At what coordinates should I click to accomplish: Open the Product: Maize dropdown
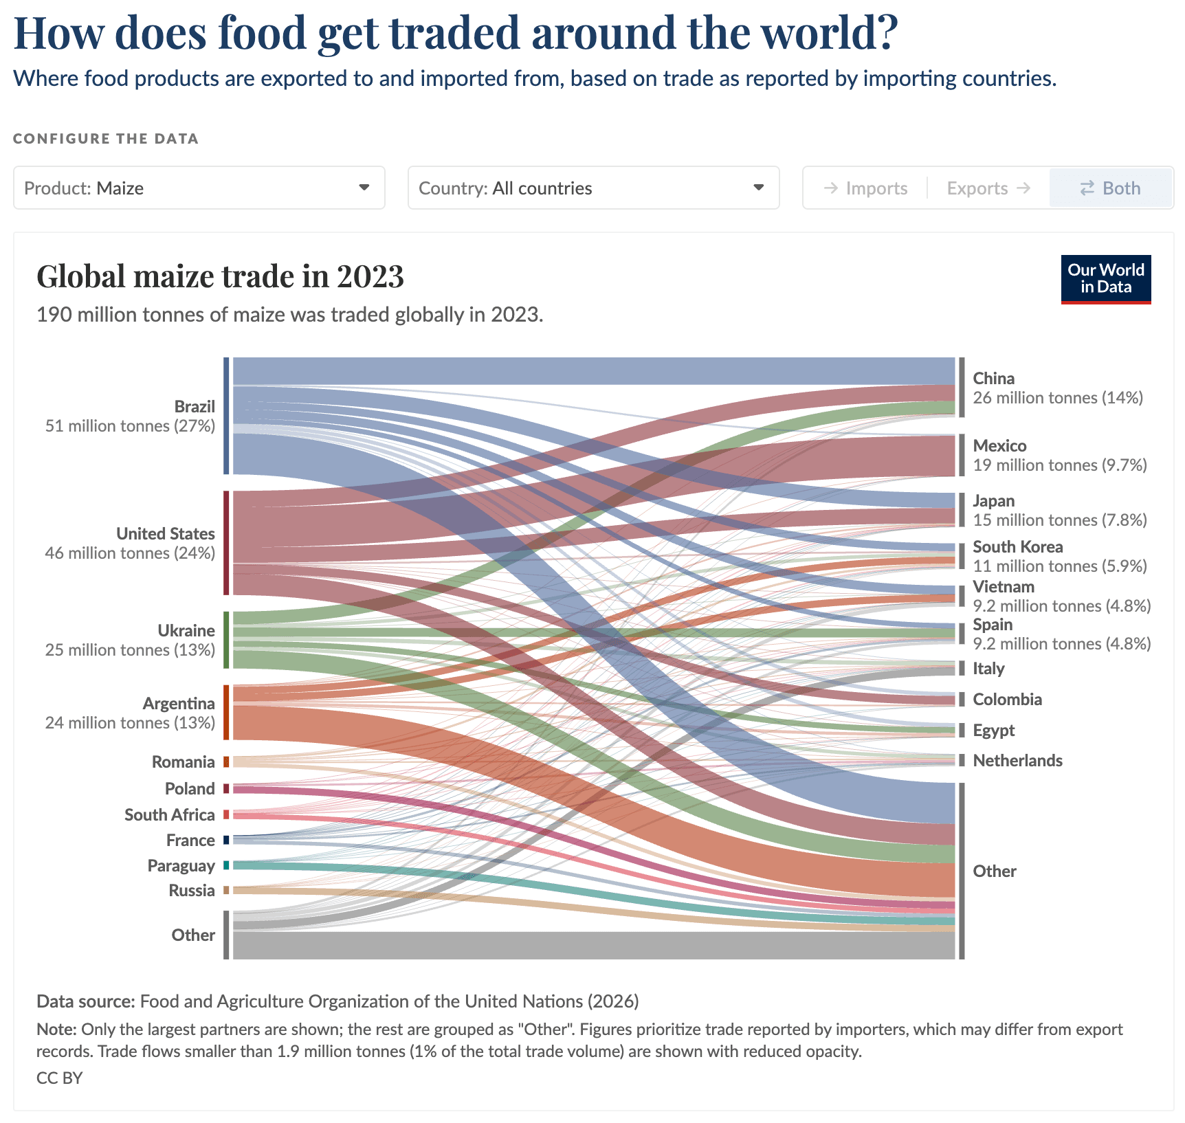pos(199,188)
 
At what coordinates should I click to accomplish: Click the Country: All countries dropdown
pos(593,188)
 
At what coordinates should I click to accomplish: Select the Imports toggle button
pos(865,188)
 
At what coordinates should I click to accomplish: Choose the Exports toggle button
pos(988,188)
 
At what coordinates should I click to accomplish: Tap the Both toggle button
pos(1110,188)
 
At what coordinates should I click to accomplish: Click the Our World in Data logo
pos(1106,279)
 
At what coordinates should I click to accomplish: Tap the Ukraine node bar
pos(226,640)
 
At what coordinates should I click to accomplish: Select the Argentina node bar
pos(226,712)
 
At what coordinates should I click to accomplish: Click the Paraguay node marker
pos(226,865)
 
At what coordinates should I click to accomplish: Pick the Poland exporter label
pos(190,788)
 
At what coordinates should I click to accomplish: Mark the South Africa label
pos(170,814)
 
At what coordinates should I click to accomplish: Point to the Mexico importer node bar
pos(962,455)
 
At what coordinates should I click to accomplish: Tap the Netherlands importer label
pos(1017,760)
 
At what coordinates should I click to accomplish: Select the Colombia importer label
pos(1007,699)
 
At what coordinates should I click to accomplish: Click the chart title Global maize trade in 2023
pos(220,276)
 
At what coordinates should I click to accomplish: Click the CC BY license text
pos(59,1078)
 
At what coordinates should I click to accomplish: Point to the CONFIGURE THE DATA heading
pos(106,139)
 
